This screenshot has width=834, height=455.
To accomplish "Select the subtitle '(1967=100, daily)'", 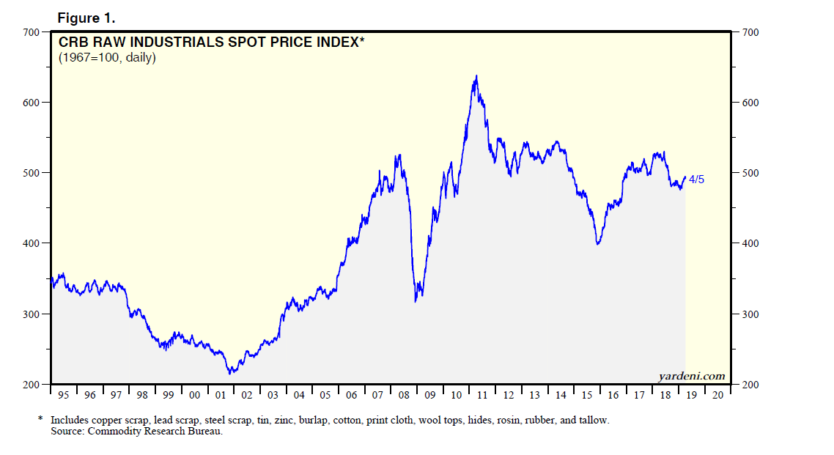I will (107, 57).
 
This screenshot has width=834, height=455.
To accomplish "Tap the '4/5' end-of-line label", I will (696, 180).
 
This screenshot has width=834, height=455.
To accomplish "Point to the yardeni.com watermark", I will (691, 376).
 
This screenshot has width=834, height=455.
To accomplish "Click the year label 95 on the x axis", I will (64, 396).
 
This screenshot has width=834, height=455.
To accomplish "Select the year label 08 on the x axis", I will (404, 396).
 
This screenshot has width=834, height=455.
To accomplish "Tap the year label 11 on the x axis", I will (482, 396).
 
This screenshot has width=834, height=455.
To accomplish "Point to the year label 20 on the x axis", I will (718, 396).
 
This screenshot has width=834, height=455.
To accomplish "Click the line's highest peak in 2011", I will (477, 75).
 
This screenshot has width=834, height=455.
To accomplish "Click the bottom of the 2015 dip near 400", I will (598, 244).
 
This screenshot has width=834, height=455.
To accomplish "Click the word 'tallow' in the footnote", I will (594, 421).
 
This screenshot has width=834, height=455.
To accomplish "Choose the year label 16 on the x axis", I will (613, 396).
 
